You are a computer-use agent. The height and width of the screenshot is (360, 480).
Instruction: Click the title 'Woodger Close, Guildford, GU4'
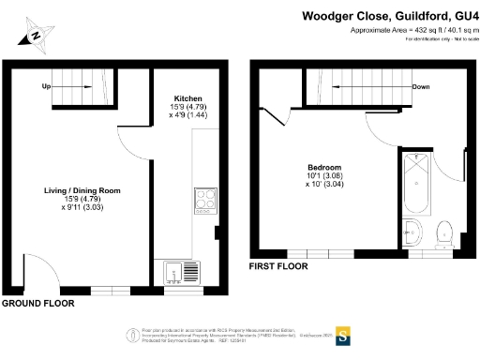pos(389,16)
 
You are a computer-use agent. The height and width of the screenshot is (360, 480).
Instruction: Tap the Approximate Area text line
pos(413,30)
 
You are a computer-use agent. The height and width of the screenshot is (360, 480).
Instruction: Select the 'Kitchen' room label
pos(187,97)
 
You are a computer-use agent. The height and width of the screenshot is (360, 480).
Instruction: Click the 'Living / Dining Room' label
pos(82,190)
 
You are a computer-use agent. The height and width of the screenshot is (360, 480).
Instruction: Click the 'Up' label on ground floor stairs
pos(46,86)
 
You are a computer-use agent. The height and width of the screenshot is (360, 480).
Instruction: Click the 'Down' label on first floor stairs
pos(421,87)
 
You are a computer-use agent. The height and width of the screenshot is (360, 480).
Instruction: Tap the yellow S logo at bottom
pos(343,335)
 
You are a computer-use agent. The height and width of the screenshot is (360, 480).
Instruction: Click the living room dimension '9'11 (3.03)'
pos(82,210)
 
